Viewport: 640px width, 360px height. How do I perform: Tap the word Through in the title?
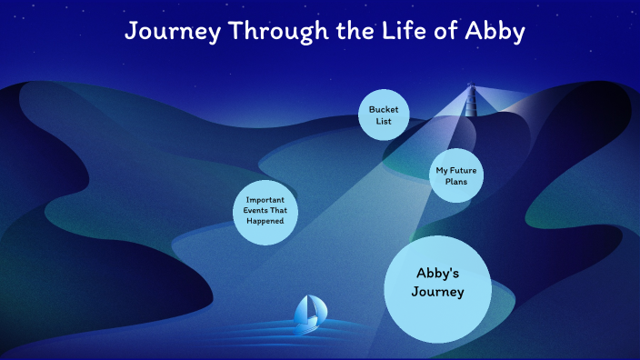[275, 31]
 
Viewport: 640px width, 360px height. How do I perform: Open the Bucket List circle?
[383, 115]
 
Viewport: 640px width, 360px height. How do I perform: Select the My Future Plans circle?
[455, 175]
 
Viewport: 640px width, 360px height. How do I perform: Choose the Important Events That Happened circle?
[265, 210]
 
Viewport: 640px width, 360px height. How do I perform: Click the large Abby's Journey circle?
[438, 288]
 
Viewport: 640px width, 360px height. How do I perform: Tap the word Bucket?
[383, 109]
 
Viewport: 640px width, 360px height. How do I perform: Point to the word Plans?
[455, 182]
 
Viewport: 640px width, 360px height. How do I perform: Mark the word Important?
[265, 199]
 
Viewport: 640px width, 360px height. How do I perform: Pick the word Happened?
[265, 221]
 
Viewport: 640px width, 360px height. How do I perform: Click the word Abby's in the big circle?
[438, 274]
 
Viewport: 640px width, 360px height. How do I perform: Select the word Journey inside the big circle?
[438, 292]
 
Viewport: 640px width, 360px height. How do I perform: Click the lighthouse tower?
[471, 101]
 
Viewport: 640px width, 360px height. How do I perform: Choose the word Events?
[255, 210]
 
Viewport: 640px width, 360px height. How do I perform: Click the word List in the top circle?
[383, 121]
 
